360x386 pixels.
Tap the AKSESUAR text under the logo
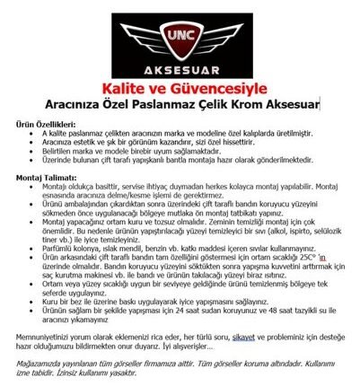180,69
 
